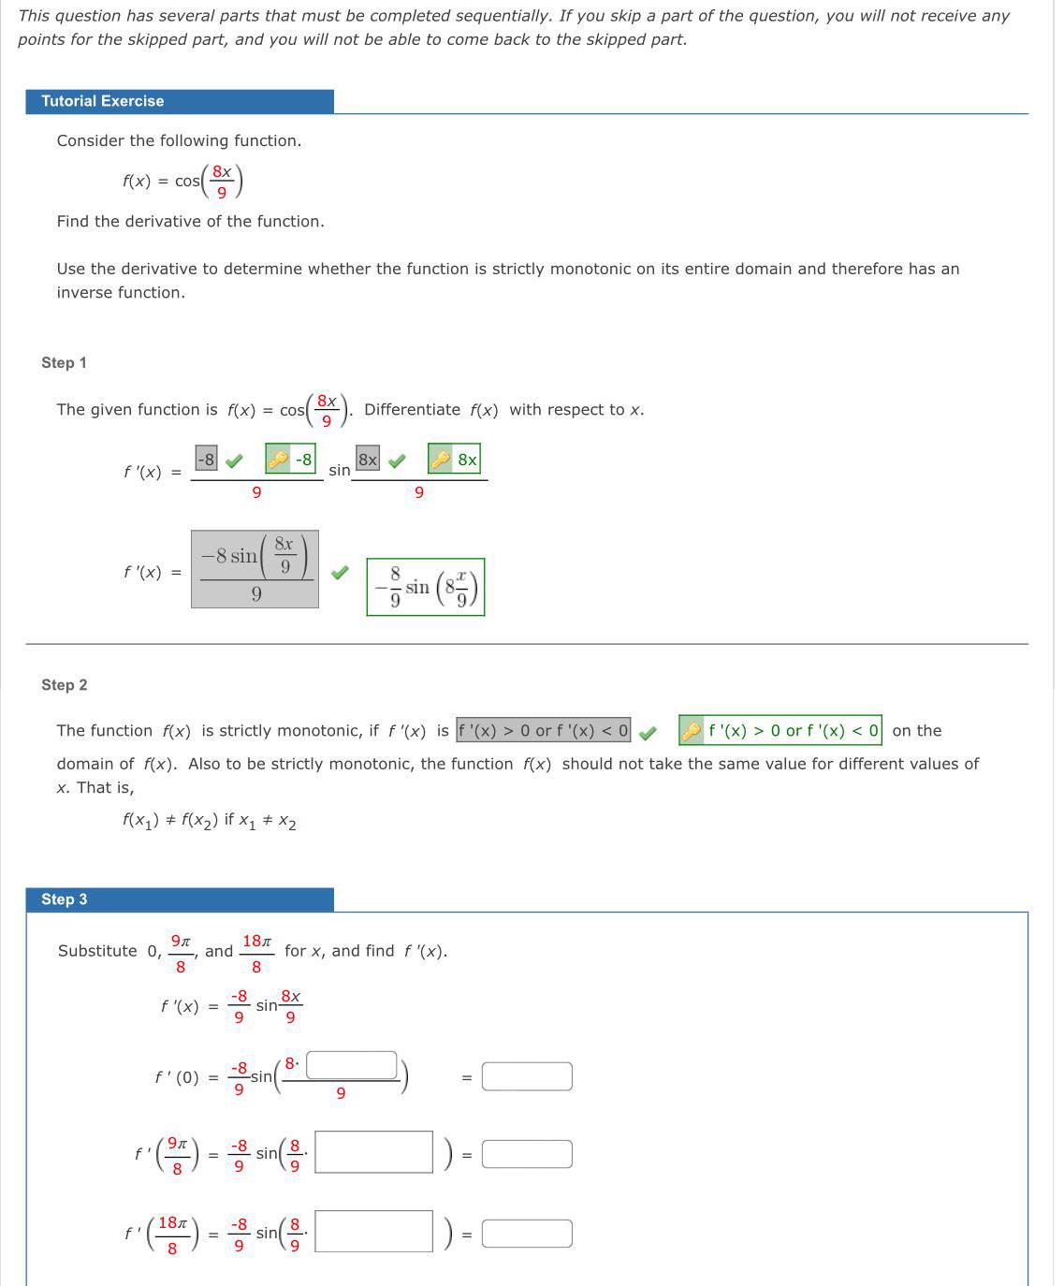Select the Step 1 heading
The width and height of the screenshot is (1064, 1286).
[64, 362]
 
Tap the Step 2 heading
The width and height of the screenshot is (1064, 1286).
[64, 684]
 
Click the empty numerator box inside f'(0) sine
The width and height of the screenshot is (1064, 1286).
[352, 1065]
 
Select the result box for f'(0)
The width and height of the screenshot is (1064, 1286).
[527, 1076]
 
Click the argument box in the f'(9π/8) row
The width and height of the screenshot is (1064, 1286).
[373, 1152]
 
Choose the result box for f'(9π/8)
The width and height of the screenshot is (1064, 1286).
[527, 1154]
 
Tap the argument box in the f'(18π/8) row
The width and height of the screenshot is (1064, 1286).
[373, 1232]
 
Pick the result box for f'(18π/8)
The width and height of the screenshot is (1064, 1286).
[527, 1234]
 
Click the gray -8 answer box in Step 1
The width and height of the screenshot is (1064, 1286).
[206, 459]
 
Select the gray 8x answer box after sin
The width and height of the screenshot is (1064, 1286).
[368, 459]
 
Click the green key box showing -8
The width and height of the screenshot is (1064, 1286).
[290, 459]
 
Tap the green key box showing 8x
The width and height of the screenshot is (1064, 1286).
[454, 459]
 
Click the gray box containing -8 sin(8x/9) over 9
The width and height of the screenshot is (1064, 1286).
[255, 569]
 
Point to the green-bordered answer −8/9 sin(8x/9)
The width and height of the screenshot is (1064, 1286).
[426, 587]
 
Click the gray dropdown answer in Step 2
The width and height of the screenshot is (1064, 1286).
[544, 730]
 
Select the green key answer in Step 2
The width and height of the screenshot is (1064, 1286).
[780, 730]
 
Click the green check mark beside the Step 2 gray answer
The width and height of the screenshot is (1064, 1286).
[648, 732]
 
